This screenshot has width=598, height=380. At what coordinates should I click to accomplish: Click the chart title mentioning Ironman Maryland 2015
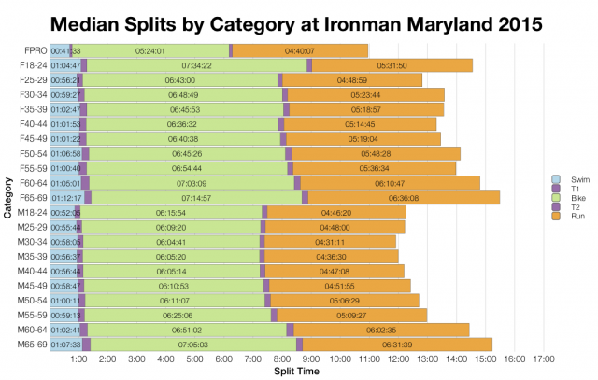click(x=299, y=21)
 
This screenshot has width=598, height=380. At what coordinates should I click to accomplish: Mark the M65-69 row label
click(x=32, y=344)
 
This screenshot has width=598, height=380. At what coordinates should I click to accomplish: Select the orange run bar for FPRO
click(x=299, y=50)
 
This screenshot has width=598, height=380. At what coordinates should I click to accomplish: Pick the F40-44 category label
click(x=33, y=124)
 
